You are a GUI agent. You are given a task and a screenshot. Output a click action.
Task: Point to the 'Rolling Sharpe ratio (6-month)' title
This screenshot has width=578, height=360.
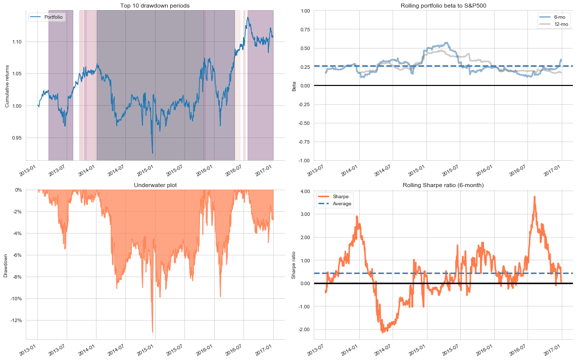coord(443,185)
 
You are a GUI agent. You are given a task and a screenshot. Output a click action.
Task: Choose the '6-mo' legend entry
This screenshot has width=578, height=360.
coord(559,17)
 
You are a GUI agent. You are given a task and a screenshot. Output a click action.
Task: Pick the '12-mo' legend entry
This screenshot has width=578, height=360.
coord(560,24)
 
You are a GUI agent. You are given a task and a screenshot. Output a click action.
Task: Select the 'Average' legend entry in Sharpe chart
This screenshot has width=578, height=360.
coord(342,204)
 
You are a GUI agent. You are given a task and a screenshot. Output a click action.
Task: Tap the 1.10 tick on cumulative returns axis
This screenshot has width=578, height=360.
coord(16,41)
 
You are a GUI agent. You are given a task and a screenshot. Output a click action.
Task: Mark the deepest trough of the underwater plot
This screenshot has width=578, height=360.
coord(153,332)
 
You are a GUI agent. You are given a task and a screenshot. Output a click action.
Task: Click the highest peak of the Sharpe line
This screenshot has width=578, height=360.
coord(534,197)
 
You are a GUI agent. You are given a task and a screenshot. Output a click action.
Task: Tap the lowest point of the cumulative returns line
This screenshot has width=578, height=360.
coord(153,153)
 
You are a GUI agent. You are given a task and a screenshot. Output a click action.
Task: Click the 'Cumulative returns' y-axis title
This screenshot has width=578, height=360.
coord(7,85)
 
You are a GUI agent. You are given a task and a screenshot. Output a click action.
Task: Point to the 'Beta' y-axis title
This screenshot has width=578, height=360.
coord(294,85)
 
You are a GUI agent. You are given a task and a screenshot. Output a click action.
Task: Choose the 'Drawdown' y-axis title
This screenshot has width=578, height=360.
coord(6,264)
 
